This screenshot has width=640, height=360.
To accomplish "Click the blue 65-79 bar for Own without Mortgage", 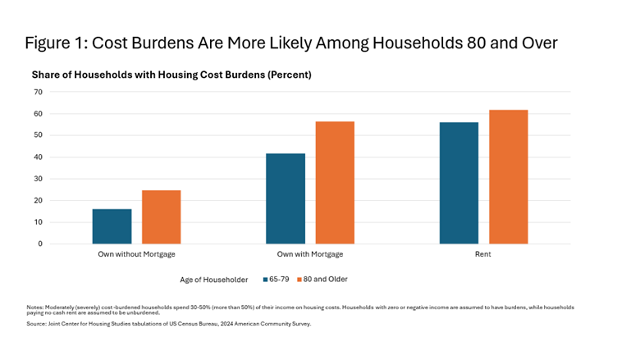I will click(x=112, y=226).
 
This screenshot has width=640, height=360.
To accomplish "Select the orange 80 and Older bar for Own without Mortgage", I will click(x=161, y=217).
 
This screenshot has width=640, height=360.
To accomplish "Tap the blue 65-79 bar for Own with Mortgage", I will click(x=285, y=198).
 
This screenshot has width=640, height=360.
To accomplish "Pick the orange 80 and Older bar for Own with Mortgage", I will click(x=335, y=183).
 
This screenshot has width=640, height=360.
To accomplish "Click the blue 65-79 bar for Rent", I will click(x=459, y=183).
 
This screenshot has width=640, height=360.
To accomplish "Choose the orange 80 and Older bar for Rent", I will click(x=508, y=176).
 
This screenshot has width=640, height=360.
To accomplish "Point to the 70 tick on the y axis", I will click(x=37, y=92).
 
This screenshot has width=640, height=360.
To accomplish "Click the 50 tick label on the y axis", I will click(x=37, y=135).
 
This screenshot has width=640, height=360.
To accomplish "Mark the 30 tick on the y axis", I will click(x=37, y=179).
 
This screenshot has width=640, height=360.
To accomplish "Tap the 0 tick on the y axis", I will click(x=39, y=244).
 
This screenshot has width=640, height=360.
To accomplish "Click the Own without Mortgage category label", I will click(x=136, y=255).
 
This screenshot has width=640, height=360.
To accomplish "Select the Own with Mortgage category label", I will click(x=310, y=255).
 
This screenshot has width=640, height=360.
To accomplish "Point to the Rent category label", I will click(x=483, y=255).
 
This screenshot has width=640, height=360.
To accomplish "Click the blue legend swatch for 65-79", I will click(x=266, y=280).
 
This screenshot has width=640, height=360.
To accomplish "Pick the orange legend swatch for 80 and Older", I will click(x=299, y=280).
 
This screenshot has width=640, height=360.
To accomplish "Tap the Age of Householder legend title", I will click(x=213, y=280).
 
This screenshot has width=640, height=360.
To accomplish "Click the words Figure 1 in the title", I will click(x=58, y=43).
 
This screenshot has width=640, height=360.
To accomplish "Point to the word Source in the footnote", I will click(x=36, y=324).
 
